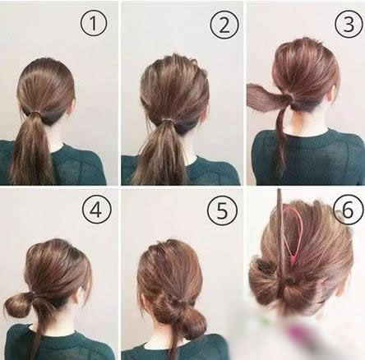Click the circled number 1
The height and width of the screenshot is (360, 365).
click(94, 23)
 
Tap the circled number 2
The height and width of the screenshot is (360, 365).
click(224, 25)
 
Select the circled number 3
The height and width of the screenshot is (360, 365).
click(349, 24)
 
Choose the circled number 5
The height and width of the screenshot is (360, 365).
click(222, 211)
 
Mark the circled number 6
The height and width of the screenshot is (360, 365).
click(348, 210)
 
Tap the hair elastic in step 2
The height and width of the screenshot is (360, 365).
click(166, 121)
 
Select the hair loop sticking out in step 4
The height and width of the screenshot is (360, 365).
click(17, 305)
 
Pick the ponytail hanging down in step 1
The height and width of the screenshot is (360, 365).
click(32, 150)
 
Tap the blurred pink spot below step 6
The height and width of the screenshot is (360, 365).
click(298, 331)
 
